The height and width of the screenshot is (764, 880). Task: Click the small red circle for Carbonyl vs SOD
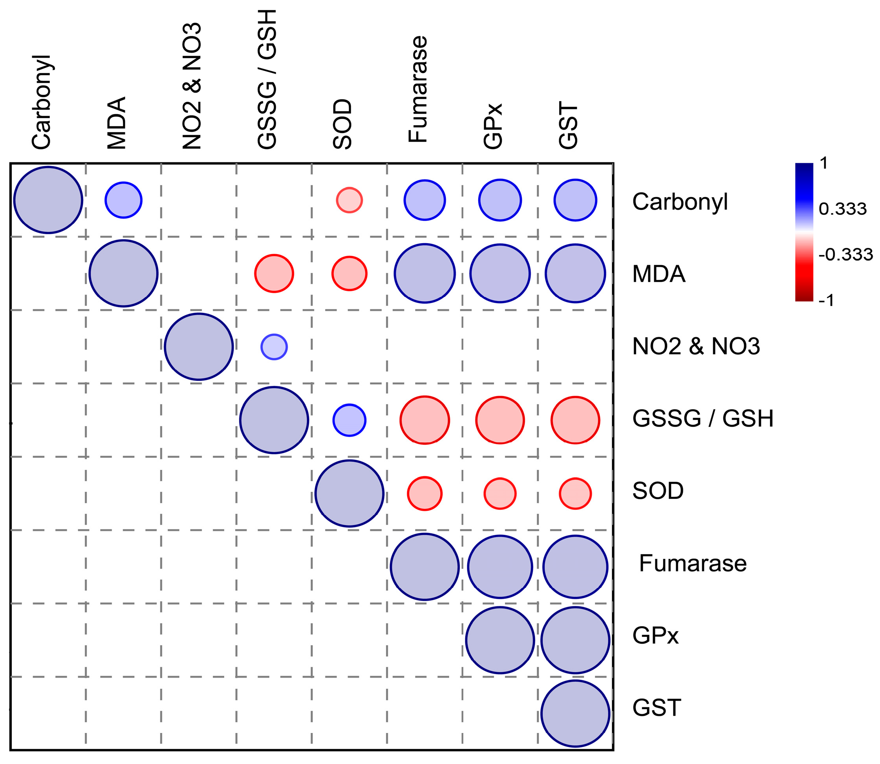click(349, 200)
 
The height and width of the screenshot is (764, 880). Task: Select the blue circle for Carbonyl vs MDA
click(123, 200)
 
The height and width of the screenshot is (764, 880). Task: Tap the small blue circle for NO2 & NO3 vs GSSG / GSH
click(274, 347)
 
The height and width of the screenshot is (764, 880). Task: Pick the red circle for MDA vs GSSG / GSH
click(274, 273)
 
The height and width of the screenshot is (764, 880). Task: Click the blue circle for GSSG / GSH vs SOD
click(349, 420)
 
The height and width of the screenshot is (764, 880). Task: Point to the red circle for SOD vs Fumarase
click(424, 494)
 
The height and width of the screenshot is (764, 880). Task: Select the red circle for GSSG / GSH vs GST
click(575, 420)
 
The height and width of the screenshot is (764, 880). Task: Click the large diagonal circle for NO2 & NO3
click(199, 347)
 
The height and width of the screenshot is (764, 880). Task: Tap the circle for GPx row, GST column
click(575, 640)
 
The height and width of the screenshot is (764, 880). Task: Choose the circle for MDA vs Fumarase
click(424, 273)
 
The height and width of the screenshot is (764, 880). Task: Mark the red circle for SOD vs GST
click(575, 494)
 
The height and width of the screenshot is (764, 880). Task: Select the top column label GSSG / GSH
click(267, 80)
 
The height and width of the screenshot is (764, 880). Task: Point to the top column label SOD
click(343, 124)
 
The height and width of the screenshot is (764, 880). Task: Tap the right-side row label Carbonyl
click(680, 201)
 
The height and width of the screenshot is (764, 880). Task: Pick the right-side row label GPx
click(655, 636)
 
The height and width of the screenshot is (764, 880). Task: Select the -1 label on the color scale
click(827, 300)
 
